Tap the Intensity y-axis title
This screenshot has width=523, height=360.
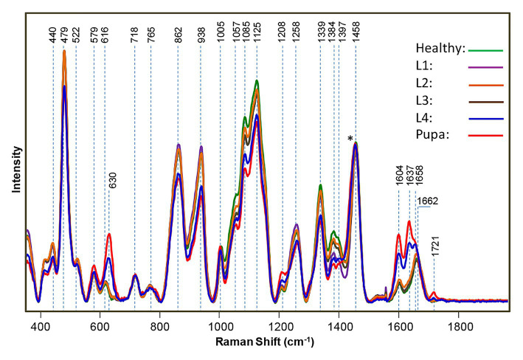point(15,170)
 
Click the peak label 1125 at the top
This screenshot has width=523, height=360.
point(257,35)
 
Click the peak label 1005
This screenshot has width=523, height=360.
point(221,35)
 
